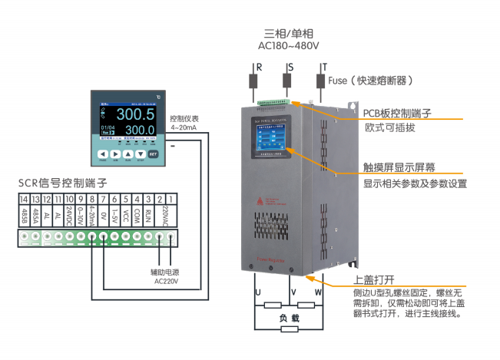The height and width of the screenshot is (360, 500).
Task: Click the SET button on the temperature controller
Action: [154, 154]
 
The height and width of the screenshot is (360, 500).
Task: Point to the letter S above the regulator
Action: [290, 68]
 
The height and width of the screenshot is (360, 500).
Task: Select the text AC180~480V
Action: [288, 46]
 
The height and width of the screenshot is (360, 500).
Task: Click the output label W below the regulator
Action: [316, 292]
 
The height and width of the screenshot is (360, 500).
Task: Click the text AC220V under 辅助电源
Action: [166, 282]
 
